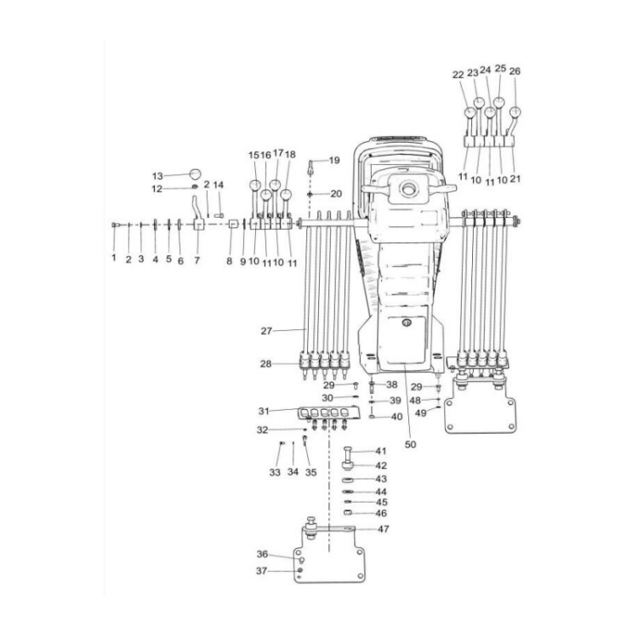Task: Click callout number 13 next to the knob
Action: (x=157, y=175)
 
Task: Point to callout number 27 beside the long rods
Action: (x=266, y=329)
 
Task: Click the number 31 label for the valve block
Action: (x=266, y=410)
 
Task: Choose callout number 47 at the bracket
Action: (x=384, y=529)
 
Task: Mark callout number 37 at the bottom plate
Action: (x=263, y=571)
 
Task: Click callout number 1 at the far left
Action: (x=113, y=258)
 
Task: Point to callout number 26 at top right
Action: (x=515, y=71)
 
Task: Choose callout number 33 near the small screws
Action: (x=274, y=471)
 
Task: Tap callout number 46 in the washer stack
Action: (x=381, y=514)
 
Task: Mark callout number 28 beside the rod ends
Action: (x=266, y=363)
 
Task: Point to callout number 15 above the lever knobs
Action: (x=253, y=155)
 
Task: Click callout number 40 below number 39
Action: (x=396, y=417)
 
